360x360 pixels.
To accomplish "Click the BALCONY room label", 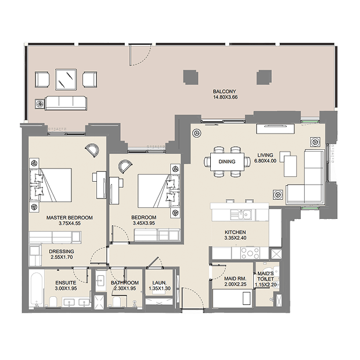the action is [x=224, y=91].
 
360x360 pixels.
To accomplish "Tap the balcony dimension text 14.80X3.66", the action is [x=225, y=97].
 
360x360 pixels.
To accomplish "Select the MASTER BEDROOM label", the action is [x=70, y=218].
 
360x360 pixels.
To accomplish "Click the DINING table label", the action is [x=227, y=161].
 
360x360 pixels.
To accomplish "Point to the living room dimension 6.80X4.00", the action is [x=265, y=161].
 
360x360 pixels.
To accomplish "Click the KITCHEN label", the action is [x=235, y=232].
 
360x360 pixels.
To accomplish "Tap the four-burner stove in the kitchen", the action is [x=250, y=253].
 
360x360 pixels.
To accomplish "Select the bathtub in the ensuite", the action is [x=36, y=289].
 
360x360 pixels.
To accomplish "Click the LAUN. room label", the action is [x=159, y=283].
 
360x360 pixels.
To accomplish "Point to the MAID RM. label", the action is [x=235, y=279].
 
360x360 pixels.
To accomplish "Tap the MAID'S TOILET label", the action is [x=265, y=276].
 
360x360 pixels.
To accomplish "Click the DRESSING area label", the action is [x=62, y=251].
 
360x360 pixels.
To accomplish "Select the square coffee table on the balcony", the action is [x=66, y=79].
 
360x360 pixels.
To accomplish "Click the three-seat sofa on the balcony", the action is [x=66, y=103].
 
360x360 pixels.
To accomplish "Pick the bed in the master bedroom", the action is [x=51, y=185].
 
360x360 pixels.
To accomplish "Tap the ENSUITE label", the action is [x=66, y=283].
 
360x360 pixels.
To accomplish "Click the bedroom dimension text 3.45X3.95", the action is [x=144, y=223].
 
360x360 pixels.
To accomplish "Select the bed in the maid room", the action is [x=232, y=298].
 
